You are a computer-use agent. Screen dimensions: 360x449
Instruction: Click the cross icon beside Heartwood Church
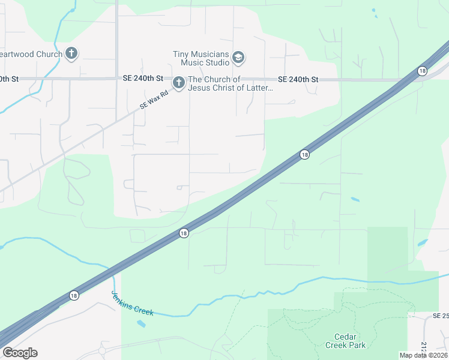tap(71, 54)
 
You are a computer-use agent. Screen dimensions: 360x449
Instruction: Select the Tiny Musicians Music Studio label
tap(201, 58)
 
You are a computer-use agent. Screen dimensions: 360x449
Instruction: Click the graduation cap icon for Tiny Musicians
tap(238, 58)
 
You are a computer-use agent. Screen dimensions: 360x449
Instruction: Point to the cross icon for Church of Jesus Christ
tap(178, 83)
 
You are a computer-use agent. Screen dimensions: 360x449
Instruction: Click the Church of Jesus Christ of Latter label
tap(231, 84)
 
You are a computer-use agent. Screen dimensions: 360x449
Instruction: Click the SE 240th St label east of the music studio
tap(298, 80)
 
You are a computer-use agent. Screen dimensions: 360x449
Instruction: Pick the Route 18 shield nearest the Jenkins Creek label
tap(74, 295)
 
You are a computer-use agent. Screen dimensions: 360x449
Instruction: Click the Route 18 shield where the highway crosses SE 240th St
tap(423, 71)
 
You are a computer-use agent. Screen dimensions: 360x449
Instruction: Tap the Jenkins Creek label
tap(133, 304)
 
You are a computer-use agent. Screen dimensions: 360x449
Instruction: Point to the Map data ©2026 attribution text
tap(423, 355)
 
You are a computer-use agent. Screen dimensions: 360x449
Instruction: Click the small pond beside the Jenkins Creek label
tap(141, 324)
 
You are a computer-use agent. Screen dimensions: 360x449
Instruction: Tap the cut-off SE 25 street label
tap(440, 316)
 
